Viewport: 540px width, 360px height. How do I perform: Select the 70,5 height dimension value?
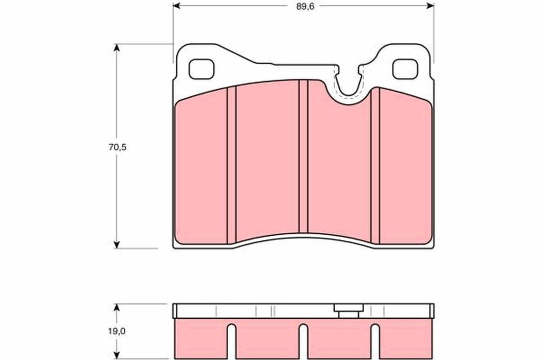116,147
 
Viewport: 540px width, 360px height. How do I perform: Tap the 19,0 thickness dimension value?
116,331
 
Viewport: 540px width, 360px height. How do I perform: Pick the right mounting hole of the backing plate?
405,69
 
